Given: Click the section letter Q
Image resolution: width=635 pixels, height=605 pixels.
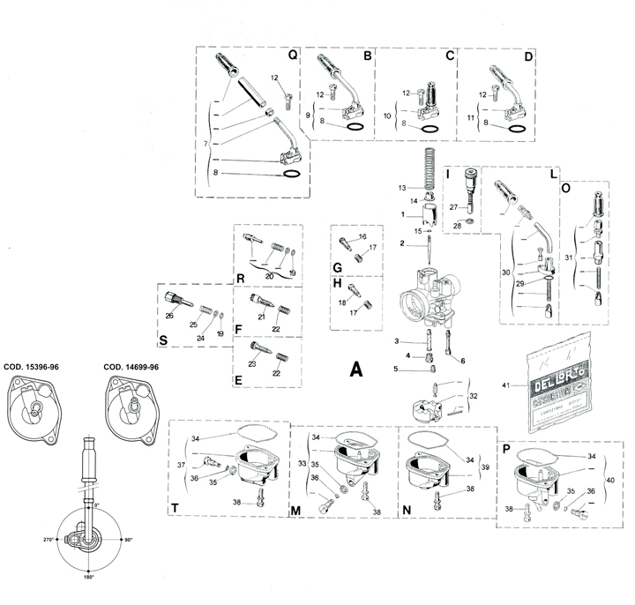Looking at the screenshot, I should [x=293, y=56].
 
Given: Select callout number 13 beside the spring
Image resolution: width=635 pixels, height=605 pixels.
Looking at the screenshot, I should [x=401, y=188].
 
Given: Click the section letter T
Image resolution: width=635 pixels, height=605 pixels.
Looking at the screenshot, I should [x=176, y=508].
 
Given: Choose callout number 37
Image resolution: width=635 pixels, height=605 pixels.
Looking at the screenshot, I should [x=180, y=465].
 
